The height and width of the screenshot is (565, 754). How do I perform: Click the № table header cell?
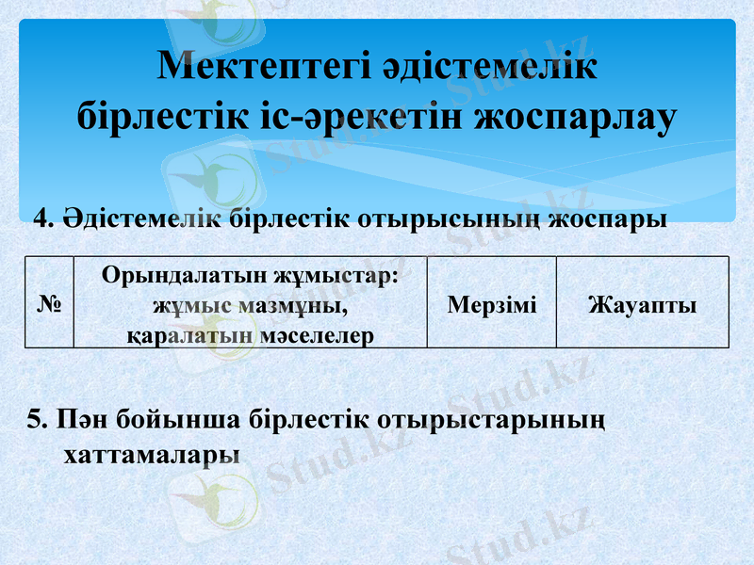49,304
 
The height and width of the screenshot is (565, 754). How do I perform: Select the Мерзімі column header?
492,304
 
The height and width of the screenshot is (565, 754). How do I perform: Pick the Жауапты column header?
642,304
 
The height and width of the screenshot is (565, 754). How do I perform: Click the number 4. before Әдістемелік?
42,219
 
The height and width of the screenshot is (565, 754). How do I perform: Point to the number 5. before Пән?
38,419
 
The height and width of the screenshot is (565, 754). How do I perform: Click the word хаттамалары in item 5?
151,454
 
